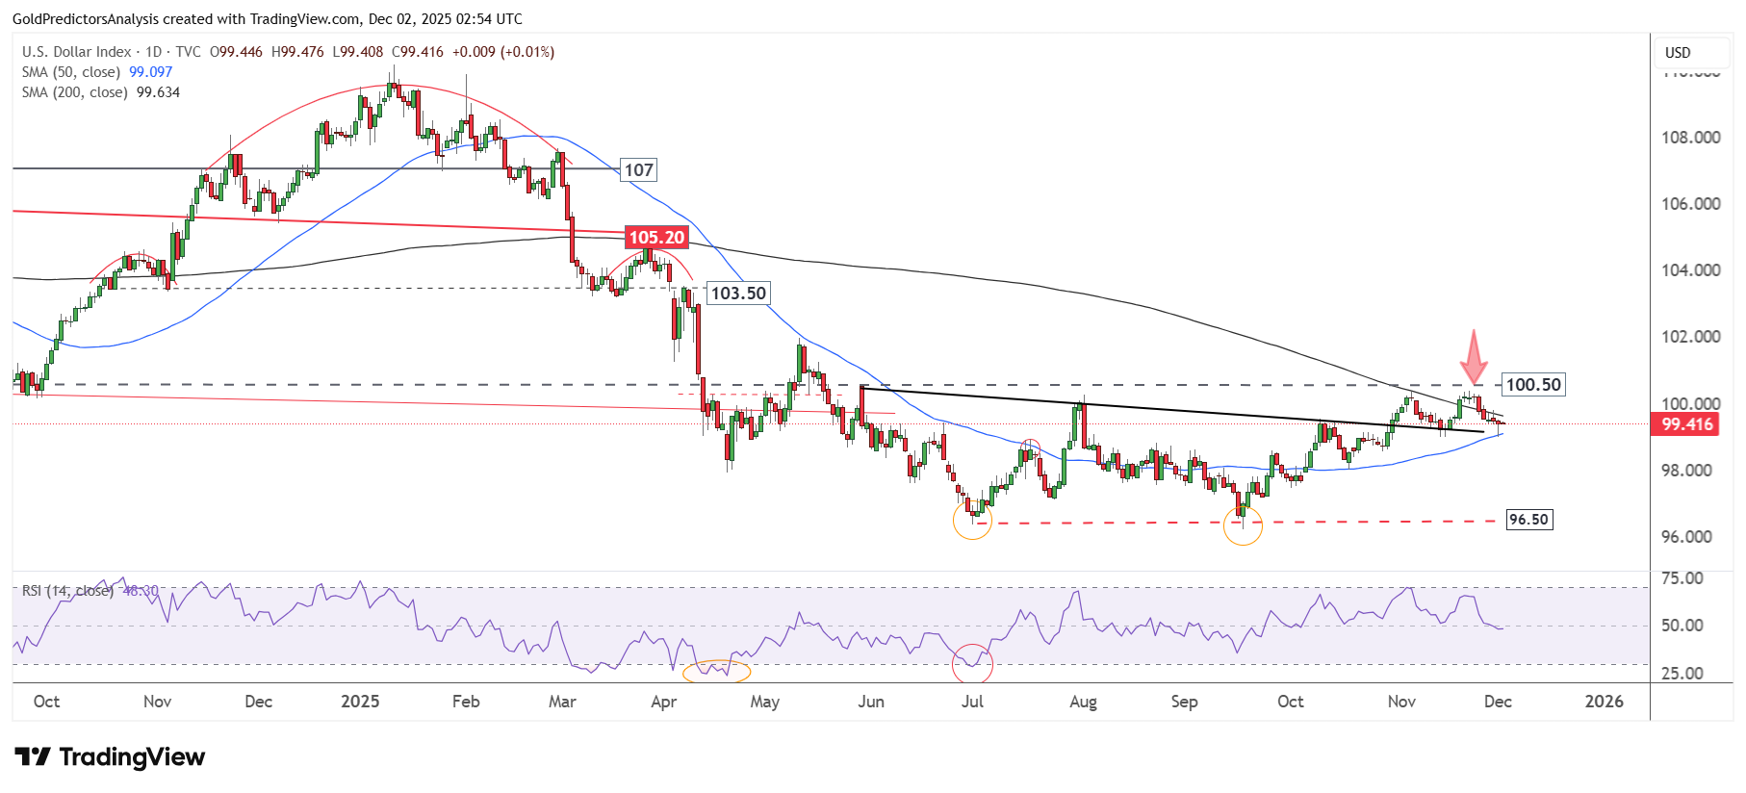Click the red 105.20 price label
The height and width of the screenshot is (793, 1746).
click(656, 238)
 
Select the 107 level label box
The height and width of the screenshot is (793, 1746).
click(639, 170)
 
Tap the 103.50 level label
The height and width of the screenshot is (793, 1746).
click(738, 294)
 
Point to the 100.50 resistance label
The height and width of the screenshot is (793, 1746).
click(1533, 385)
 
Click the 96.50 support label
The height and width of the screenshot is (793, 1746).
click(1528, 520)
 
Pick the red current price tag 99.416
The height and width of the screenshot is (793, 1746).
click(1686, 424)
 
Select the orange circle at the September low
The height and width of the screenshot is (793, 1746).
click(1243, 525)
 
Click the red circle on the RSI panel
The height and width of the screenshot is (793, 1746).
click(972, 663)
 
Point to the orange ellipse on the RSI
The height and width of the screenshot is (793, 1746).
click(716, 671)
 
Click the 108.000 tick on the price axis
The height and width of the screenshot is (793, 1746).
click(1690, 138)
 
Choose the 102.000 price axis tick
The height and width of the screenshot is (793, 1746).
click(1690, 337)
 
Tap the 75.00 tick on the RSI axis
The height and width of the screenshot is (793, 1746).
click(1682, 578)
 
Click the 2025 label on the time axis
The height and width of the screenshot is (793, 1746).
click(360, 702)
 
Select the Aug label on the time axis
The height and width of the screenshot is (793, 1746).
click(1083, 702)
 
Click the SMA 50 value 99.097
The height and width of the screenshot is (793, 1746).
click(151, 72)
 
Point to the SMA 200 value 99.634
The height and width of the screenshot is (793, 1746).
click(158, 92)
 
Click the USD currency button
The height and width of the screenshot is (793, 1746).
click(1678, 53)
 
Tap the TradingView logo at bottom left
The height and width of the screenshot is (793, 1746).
click(110, 757)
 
